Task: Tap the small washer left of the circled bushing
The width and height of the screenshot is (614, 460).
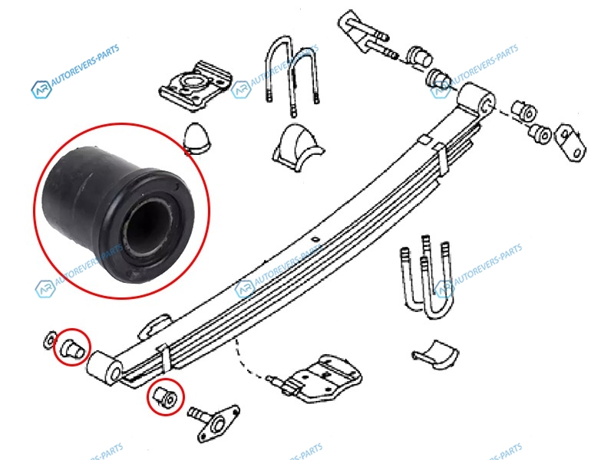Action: pyautogui.click(x=49, y=340)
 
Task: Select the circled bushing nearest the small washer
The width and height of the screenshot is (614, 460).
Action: pyautogui.click(x=73, y=347)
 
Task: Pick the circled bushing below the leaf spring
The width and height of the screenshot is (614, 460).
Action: pyautogui.click(x=165, y=396)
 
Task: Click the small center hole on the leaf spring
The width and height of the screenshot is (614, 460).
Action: pyautogui.click(x=314, y=239)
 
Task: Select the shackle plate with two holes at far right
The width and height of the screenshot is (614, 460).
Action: pyautogui.click(x=571, y=141)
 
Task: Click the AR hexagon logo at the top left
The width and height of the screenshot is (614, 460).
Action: pyautogui.click(x=41, y=90)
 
